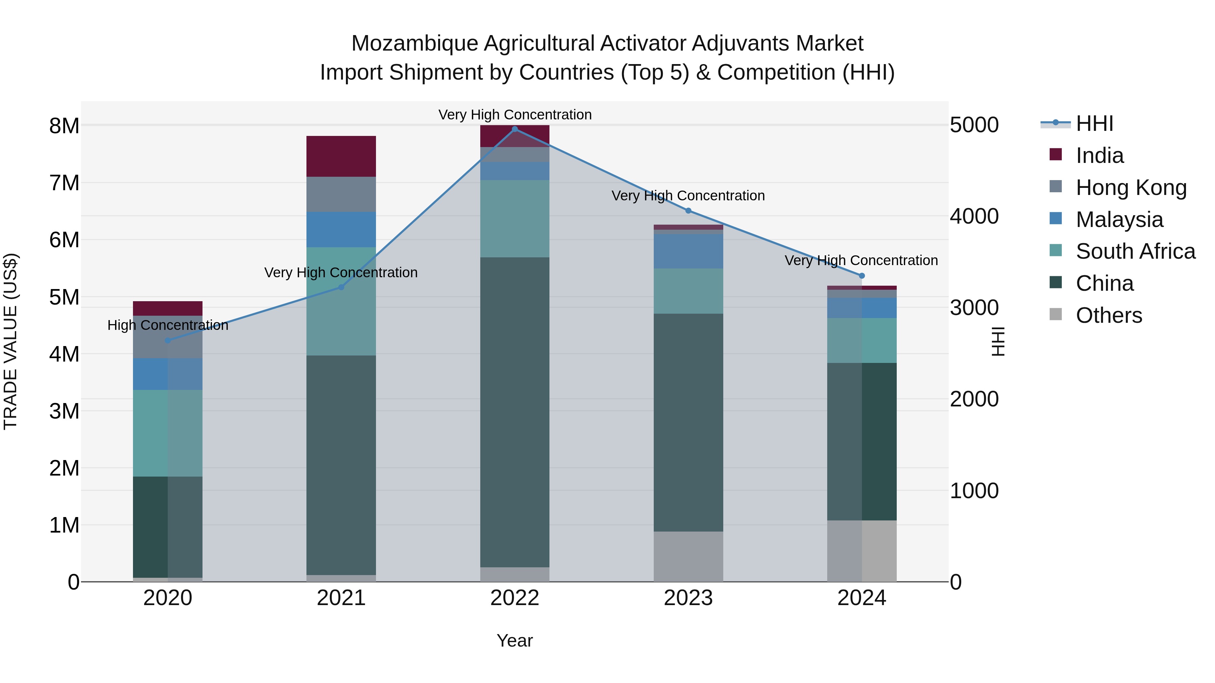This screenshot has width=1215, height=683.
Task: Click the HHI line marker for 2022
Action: pos(515,129)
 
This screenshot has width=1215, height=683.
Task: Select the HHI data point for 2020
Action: pos(168,340)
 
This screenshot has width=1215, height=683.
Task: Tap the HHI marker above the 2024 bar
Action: pos(862,276)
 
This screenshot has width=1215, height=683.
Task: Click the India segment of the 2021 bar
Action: pos(341,156)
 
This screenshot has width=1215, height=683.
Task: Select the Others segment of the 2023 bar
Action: pos(688,556)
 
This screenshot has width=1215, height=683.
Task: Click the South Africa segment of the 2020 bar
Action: pos(168,433)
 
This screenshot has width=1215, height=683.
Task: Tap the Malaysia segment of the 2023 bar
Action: pos(688,251)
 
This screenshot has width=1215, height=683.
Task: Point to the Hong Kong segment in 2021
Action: pos(341,194)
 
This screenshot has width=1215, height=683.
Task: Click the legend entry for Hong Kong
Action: pos(1131,188)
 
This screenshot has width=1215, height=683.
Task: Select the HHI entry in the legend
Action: pos(1094,123)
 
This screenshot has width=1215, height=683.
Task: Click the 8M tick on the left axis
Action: pos(64,126)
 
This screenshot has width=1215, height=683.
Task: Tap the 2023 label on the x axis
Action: pos(688,598)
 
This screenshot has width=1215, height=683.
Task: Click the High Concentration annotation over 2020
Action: pos(168,325)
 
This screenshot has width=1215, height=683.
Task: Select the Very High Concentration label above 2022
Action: pos(515,115)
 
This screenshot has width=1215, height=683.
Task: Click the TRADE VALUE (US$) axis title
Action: pos(10,341)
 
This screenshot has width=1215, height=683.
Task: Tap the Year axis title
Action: pos(515,641)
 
